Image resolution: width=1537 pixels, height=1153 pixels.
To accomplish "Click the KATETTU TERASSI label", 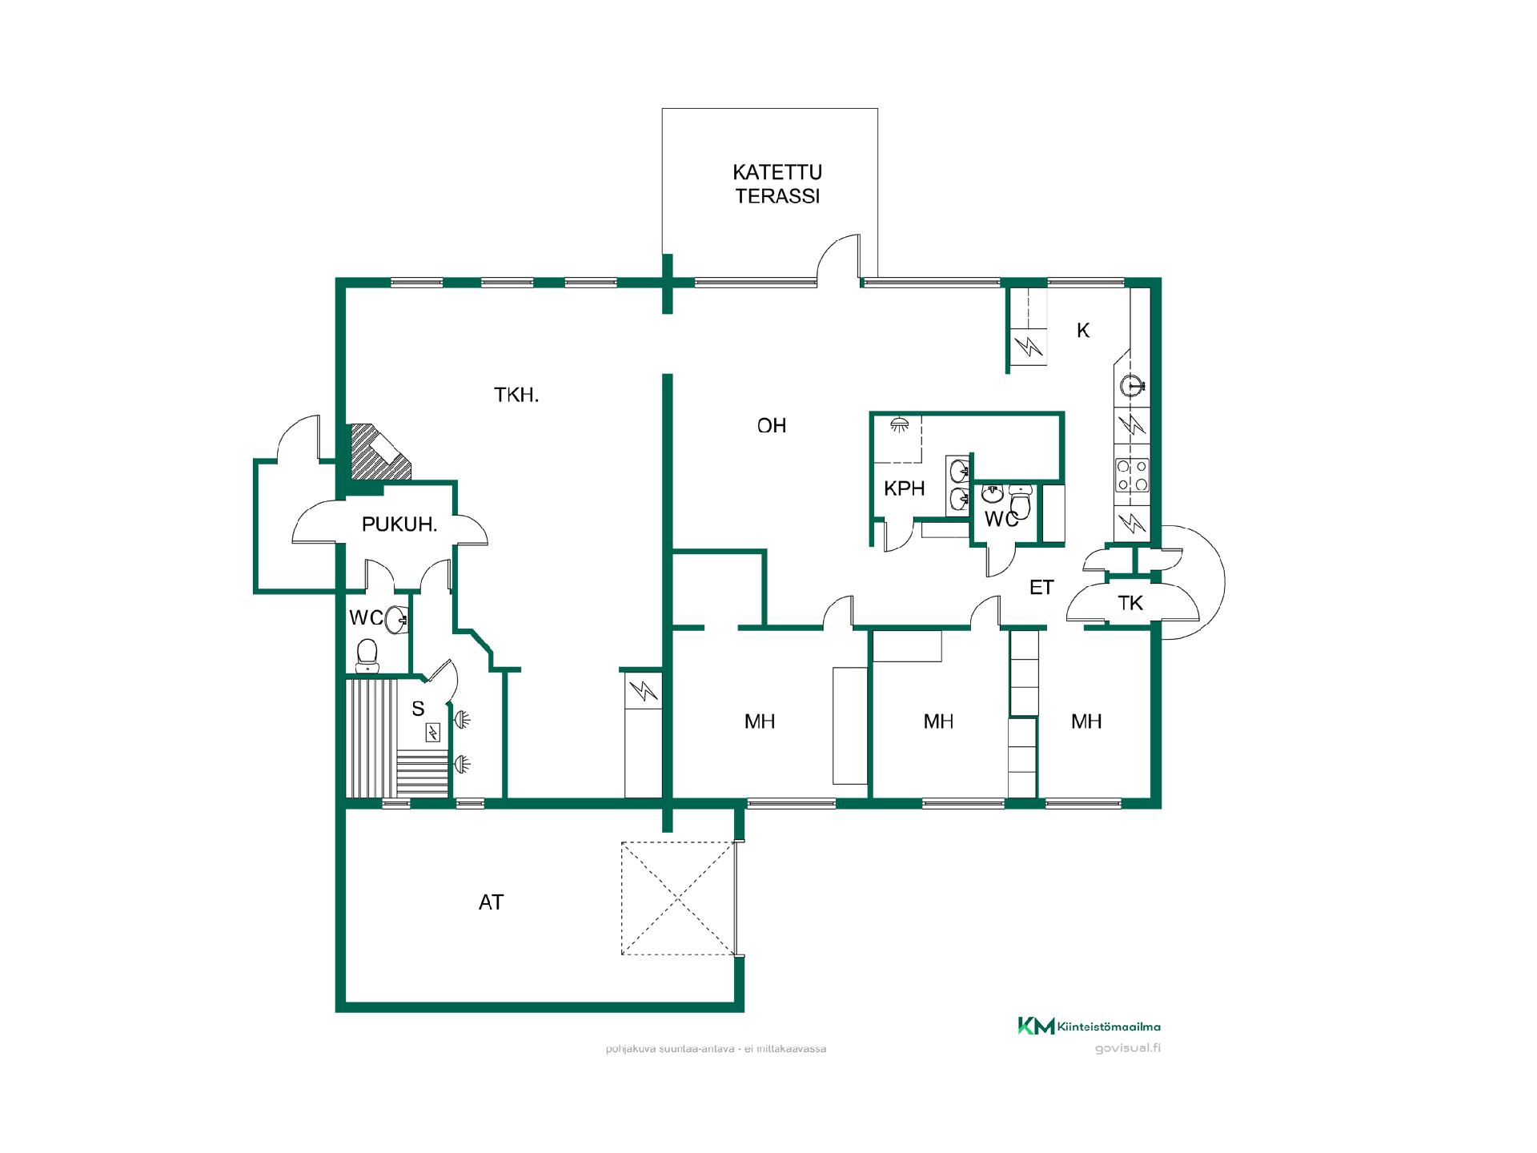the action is coord(777,184).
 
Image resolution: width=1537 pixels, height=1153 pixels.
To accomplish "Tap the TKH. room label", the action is coord(516,395).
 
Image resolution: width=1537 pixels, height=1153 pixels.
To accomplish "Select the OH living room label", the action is coord(772,425).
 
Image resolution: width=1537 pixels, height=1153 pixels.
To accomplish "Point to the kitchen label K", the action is coord(1083,330).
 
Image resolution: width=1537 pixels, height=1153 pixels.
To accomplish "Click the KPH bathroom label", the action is coord(905,488).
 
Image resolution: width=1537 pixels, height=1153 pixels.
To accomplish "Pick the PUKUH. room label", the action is coord(399,525).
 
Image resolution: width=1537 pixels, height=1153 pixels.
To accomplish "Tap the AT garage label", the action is coord(491,902).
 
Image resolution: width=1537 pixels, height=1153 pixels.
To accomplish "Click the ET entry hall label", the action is coord(1041,588).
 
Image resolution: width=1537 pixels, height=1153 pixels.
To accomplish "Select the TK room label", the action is coord(1130,603).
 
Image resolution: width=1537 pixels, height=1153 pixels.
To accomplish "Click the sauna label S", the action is coord(418,709).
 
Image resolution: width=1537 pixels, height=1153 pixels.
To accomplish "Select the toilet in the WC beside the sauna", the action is coord(367,653).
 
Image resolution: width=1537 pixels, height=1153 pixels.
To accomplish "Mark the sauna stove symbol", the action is coord(433,732).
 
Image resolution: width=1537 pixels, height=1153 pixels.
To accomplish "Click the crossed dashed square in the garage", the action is coord(678,898).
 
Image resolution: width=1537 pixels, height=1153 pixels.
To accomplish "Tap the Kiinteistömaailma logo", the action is coord(1089,1026).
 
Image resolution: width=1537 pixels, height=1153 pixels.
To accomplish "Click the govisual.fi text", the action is coord(1127,1048).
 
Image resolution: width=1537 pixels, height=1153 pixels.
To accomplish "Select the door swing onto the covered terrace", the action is coord(839,258).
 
